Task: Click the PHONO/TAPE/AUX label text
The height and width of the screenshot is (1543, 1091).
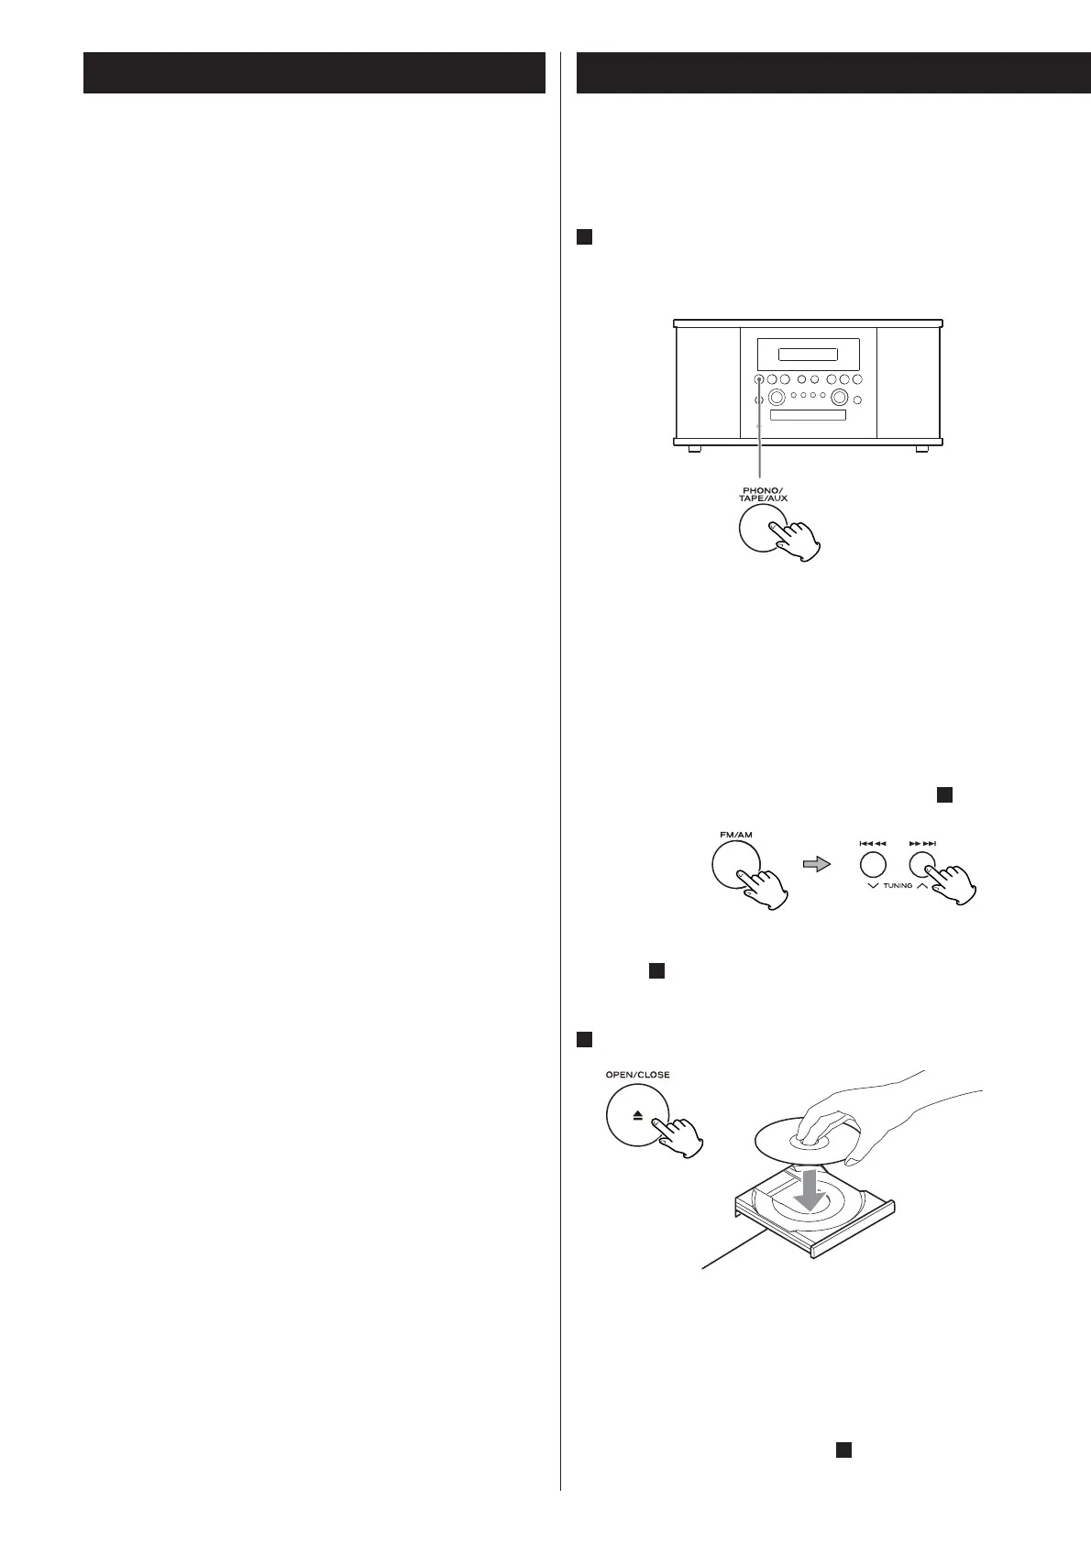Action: pos(763,494)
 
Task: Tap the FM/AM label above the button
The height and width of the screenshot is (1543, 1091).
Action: pos(735,835)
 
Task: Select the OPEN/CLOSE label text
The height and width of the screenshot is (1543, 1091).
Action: pos(637,1074)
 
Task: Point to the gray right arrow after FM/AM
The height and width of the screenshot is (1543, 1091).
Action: pos(817,864)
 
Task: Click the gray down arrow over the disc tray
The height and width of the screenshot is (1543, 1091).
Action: pos(810,1188)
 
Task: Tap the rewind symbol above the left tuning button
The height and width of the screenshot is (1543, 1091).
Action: pos(872,843)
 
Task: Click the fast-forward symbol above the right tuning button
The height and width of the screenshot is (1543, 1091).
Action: pos(922,843)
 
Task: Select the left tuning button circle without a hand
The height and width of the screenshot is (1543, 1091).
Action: pos(872,864)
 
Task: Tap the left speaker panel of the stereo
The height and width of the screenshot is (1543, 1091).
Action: pos(708,382)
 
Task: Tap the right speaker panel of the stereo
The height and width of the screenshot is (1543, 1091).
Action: pos(909,382)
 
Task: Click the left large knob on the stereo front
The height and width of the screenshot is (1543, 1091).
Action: pos(777,398)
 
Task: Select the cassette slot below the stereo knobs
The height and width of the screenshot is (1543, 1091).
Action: pos(807,416)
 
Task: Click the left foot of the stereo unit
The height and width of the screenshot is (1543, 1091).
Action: pos(695,449)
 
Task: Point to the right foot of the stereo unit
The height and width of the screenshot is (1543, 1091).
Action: pos(920,449)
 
